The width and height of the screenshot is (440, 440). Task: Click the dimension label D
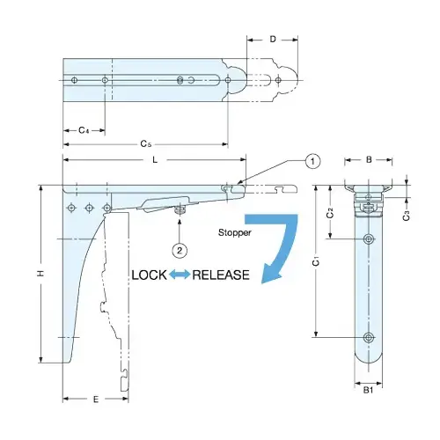[273, 39]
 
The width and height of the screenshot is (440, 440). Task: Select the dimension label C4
[83, 129]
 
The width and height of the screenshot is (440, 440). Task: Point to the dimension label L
[155, 159]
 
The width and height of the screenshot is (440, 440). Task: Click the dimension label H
[39, 275]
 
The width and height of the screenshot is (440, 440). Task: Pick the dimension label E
[95, 399]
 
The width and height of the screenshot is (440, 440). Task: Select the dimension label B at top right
[370, 159]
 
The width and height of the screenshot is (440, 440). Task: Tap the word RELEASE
[221, 275]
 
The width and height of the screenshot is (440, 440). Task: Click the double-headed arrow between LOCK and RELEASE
[180, 275]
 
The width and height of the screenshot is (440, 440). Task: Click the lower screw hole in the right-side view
[369, 337]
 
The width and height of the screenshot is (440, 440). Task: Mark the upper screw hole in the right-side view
[369, 239]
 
